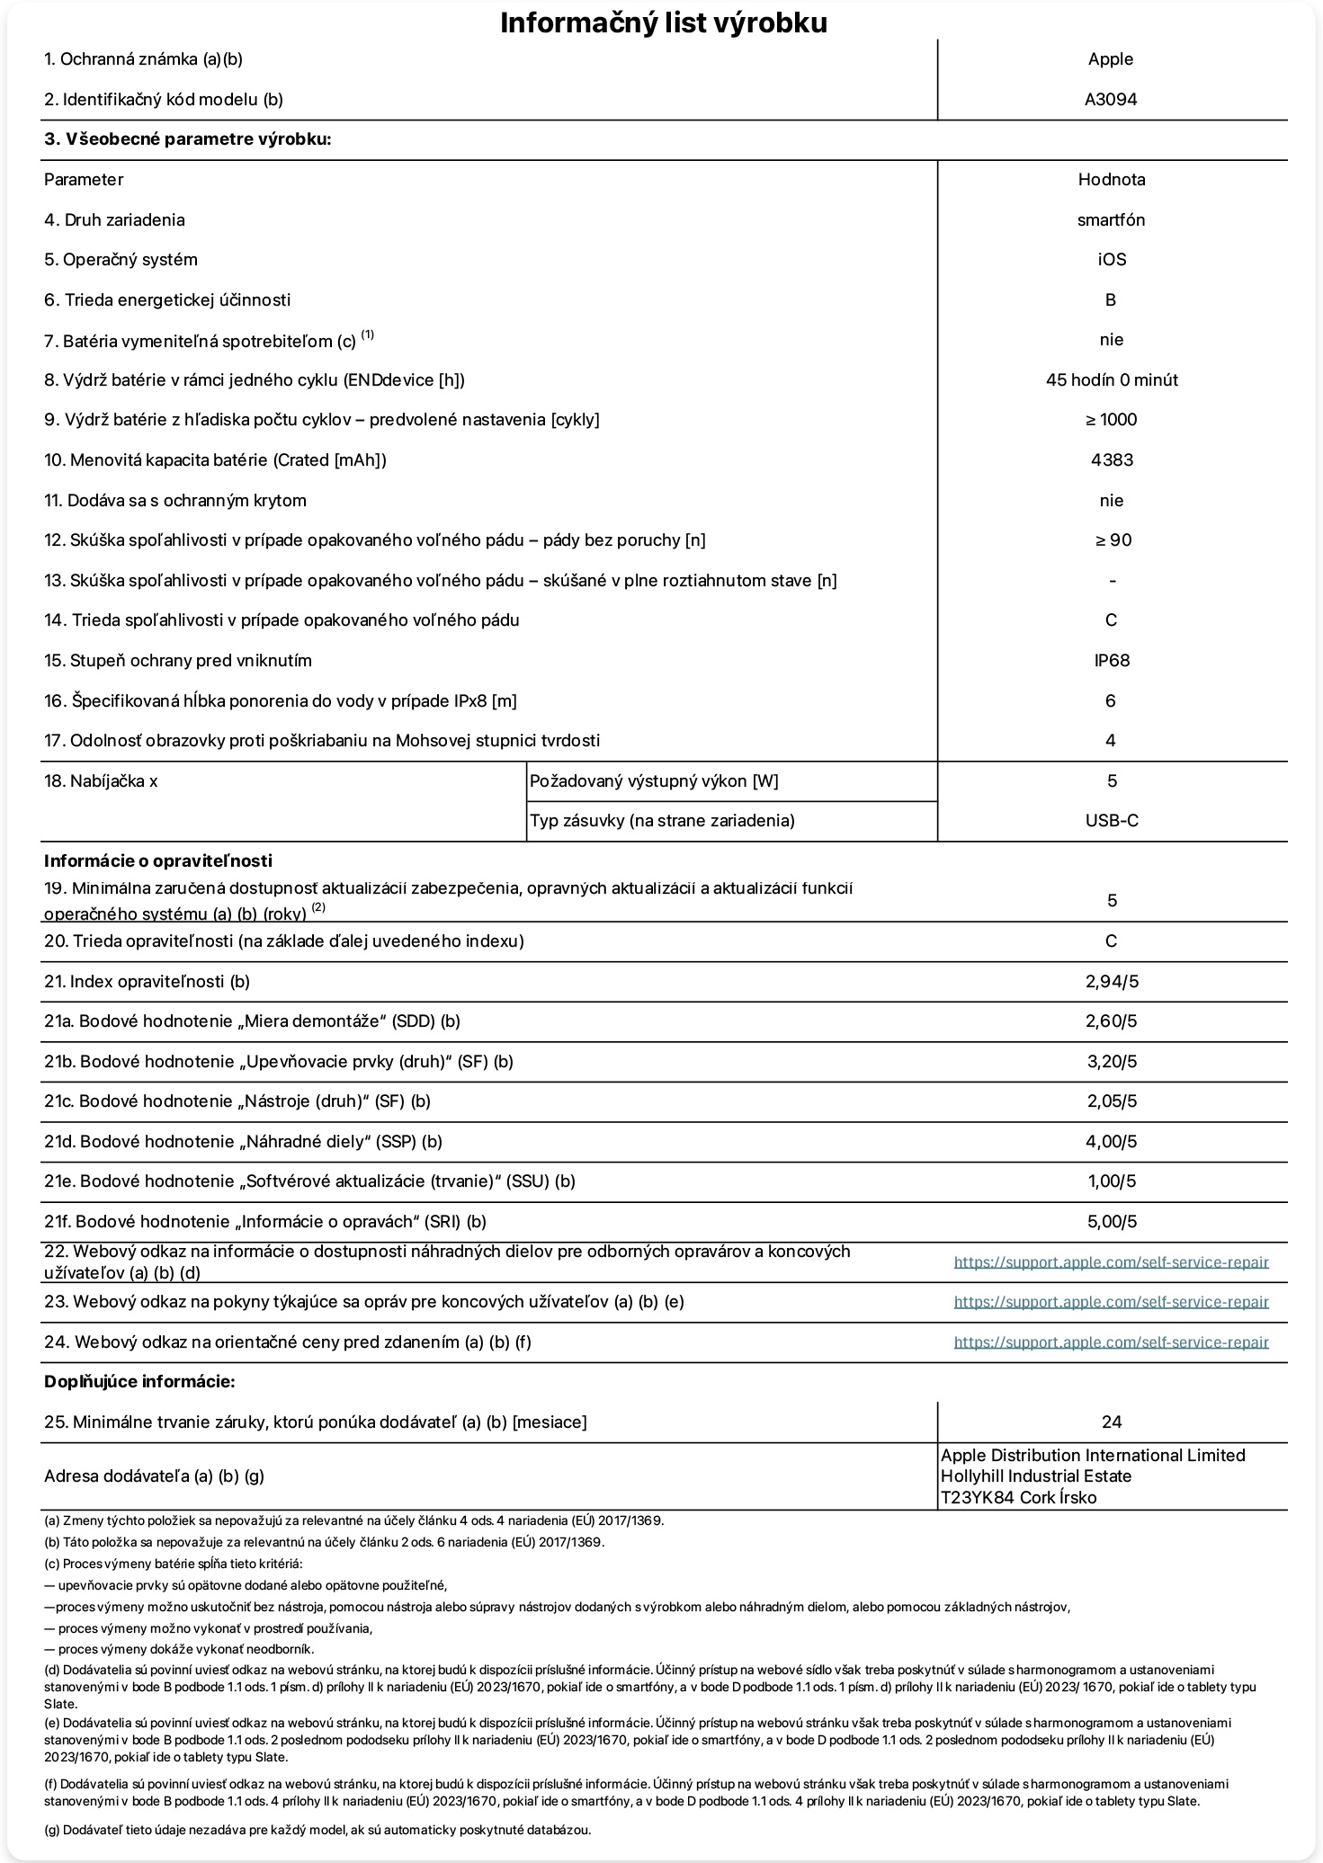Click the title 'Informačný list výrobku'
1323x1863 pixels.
663,23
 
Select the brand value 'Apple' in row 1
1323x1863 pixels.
1111,59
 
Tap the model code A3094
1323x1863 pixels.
1111,100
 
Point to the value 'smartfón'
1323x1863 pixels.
1111,220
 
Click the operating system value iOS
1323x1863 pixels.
1111,260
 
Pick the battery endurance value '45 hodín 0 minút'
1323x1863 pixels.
1112,380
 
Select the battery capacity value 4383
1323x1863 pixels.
1112,460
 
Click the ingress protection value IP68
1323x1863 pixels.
1112,661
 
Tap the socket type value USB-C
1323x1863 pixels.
1112,821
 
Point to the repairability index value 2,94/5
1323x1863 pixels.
1112,982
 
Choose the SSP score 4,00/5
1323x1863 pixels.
1112,1142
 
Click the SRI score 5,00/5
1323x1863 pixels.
1112,1222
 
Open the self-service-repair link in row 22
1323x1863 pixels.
1111,1262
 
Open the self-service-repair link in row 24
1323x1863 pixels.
1111,1342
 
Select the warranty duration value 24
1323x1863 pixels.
1112,1422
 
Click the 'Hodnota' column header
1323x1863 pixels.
1112,180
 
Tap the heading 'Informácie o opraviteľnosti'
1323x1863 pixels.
158,861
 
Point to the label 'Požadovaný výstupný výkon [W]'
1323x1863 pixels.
654,781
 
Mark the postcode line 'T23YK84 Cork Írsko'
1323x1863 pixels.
1018,1498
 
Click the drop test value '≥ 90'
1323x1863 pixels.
1112,540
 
